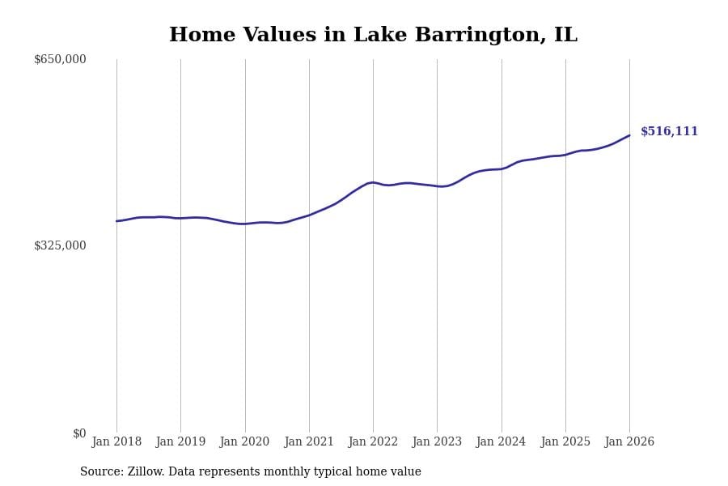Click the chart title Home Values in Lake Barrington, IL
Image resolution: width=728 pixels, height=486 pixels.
373,36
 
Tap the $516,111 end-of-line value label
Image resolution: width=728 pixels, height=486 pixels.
669,131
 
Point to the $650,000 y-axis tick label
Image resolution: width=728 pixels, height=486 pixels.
60,59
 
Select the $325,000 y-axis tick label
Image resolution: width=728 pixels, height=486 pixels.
60,245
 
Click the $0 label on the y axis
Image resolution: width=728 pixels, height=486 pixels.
79,433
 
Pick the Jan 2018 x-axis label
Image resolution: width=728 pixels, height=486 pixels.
116,441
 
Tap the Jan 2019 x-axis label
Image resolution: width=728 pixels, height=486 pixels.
180,441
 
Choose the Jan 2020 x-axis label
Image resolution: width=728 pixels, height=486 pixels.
244,441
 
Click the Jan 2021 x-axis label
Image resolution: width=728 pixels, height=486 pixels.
309,441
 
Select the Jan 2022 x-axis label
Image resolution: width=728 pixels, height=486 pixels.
373,441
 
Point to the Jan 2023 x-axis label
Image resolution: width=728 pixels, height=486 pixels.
437,441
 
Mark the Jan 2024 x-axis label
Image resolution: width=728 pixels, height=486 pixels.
501,441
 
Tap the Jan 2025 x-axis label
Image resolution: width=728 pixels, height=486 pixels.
565,441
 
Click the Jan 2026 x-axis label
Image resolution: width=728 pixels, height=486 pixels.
629,441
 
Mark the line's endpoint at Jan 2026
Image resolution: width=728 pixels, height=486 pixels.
629,135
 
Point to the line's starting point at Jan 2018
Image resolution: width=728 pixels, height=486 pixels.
116,221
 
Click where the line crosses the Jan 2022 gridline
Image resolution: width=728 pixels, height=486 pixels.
373,182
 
